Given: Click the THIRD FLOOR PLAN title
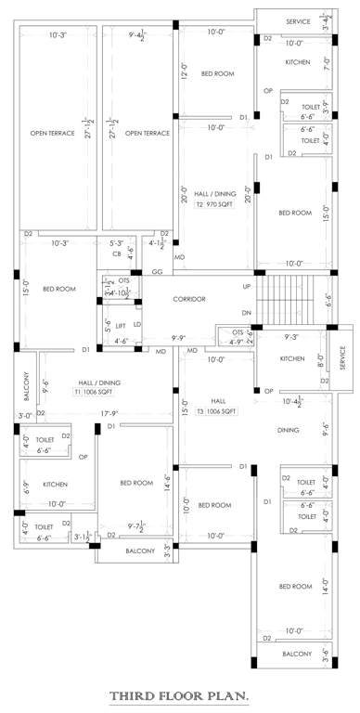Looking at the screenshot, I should pos(179,694).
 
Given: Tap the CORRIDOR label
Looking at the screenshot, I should pos(188,298).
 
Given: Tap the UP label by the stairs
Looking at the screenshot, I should pos(247,287).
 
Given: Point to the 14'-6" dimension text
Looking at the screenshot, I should pos(170,484).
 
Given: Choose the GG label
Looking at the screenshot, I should pos(157,273).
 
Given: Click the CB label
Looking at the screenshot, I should pos(117,253).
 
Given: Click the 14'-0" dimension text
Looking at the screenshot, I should pos(326,586).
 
